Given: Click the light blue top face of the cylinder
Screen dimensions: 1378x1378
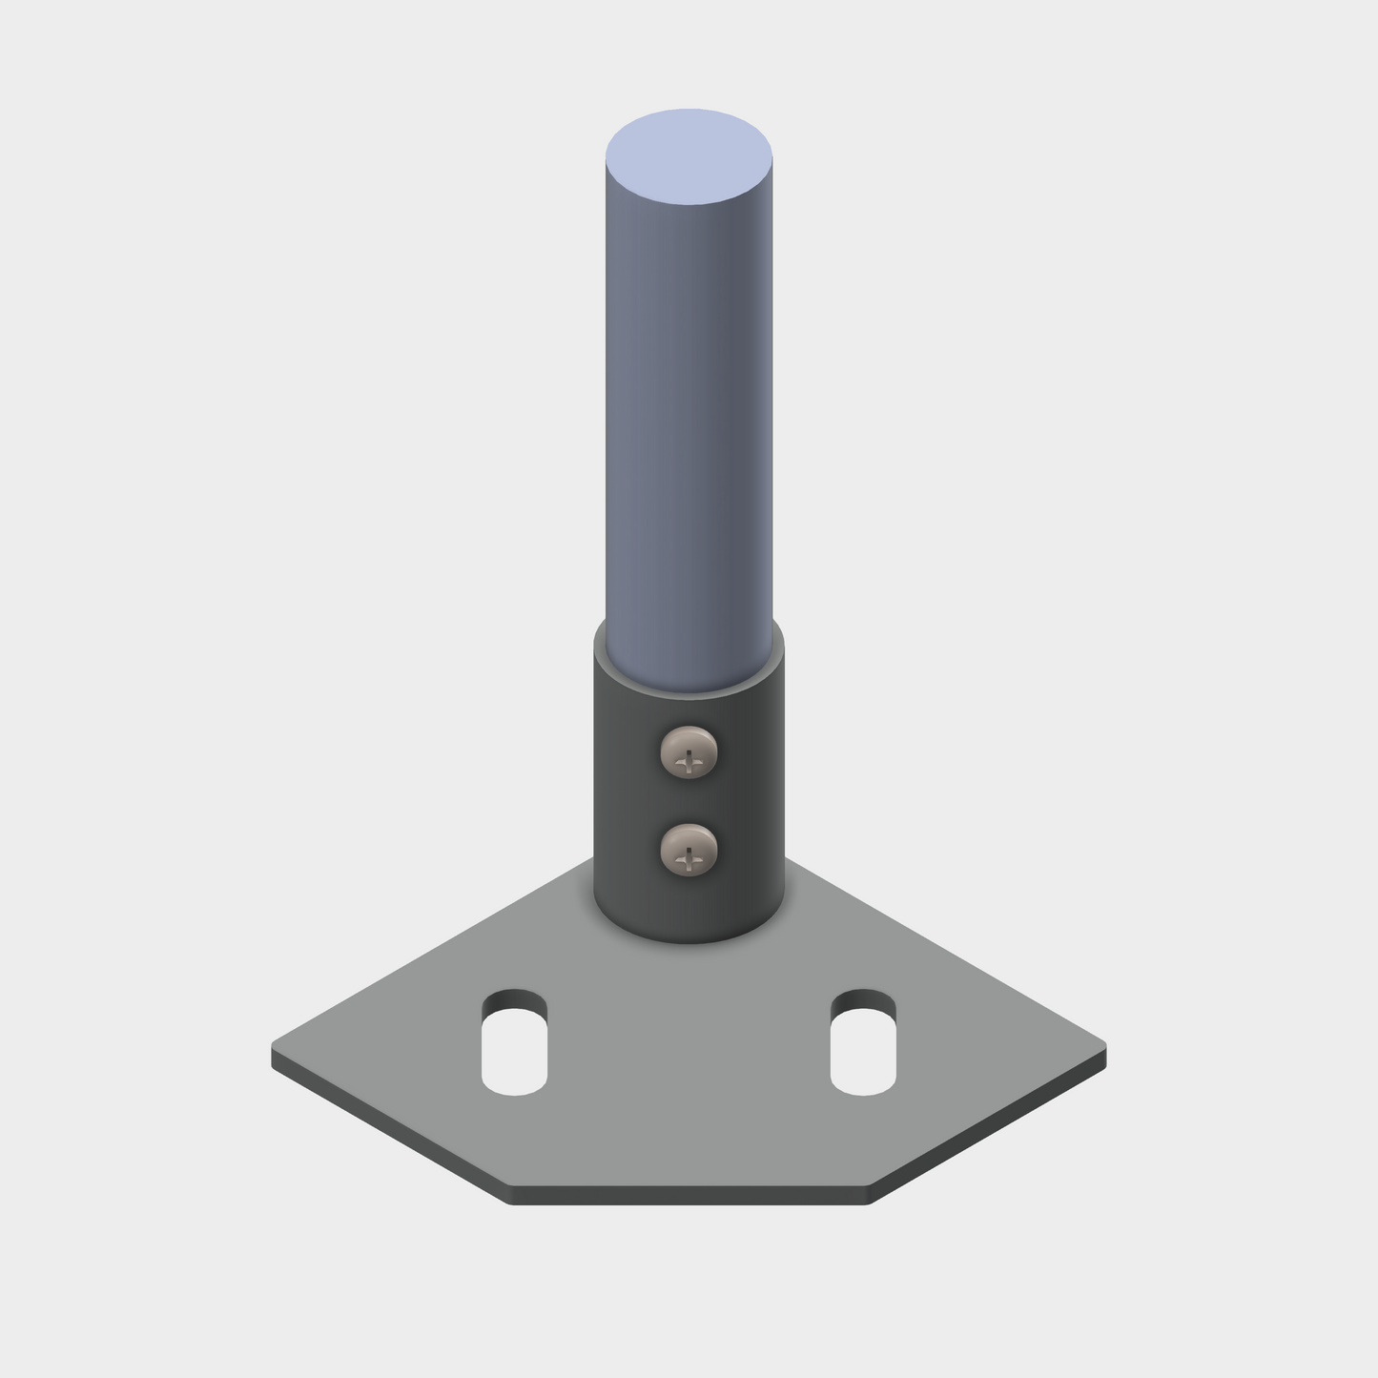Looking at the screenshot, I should click(x=689, y=156).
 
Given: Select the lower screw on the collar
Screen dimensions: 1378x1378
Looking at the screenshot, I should click(x=689, y=849).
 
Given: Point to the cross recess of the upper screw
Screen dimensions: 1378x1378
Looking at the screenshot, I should click(x=689, y=761).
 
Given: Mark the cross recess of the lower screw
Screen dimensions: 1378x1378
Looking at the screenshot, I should click(x=689, y=859).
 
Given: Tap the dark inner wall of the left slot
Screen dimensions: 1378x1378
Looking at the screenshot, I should click(x=514, y=1001).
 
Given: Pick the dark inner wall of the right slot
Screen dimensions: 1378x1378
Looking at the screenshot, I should click(x=863, y=1001).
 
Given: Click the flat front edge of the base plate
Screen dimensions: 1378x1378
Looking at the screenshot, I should click(x=689, y=1196).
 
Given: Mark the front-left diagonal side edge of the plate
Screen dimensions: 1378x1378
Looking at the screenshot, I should click(x=391, y=1129).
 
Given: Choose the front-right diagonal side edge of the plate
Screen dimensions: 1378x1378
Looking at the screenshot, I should click(x=987, y=1129).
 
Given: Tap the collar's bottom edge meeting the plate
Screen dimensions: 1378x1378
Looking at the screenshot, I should click(x=689, y=941).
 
